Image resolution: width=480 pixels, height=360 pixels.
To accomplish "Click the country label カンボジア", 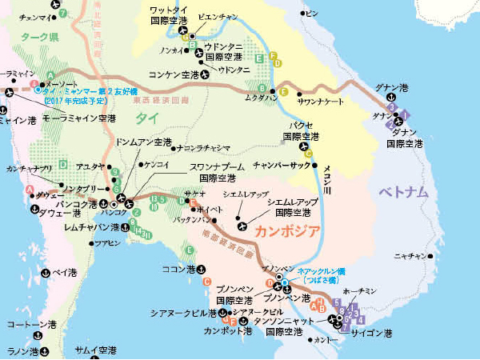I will click(288, 231).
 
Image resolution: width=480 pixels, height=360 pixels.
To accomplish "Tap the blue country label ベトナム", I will click(404, 193).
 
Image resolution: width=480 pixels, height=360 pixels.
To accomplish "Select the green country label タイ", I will click(146, 118).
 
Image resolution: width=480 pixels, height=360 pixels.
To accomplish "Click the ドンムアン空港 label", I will click(144, 142).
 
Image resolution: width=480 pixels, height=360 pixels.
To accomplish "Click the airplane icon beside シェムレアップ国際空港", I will click(242, 215).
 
